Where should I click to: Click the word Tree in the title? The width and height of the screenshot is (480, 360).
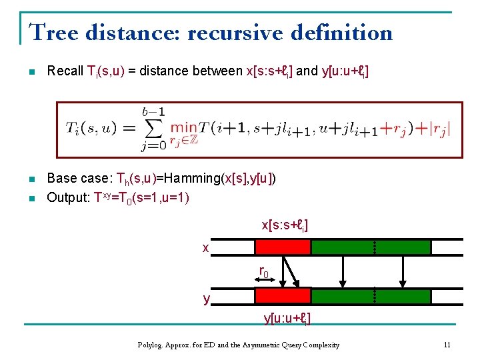(51, 32)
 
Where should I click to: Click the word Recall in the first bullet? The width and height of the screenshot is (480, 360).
(65, 71)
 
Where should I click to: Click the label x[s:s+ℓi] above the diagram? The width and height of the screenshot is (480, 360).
(284, 225)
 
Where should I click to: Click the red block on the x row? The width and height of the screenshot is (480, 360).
(283, 247)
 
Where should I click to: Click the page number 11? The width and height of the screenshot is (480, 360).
(447, 345)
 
